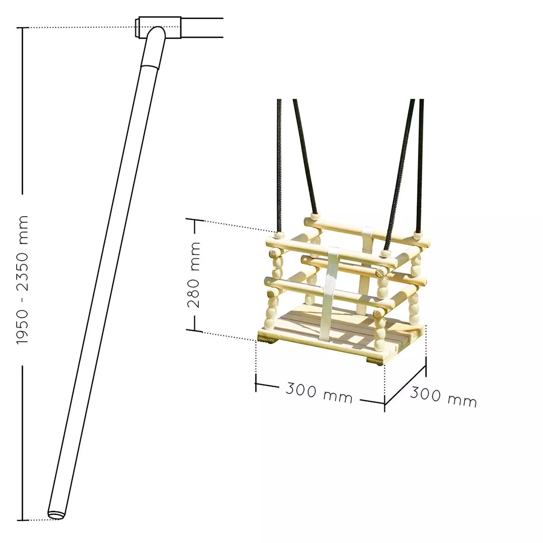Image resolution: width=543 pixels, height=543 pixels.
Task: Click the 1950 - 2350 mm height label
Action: coord(22,280)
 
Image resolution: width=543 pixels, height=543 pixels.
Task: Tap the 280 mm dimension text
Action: coord(195,274)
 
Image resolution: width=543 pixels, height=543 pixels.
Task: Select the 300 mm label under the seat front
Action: coord(319,393)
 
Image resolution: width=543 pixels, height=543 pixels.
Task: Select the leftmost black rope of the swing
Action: coord(279,165)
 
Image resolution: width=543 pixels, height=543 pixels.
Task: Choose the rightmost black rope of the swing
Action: coord(420,165)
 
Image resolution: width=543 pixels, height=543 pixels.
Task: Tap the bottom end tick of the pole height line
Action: coord(23,520)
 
